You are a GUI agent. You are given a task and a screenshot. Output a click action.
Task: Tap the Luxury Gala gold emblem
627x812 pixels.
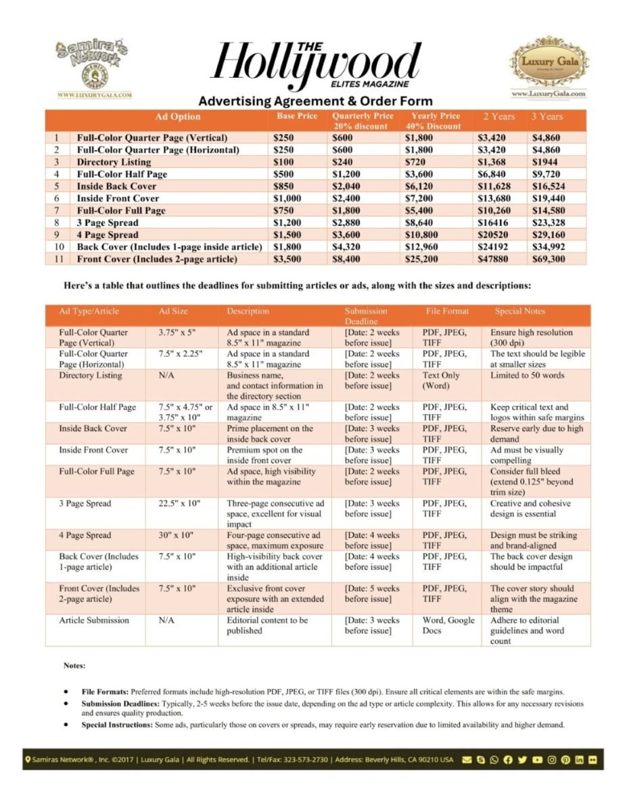coord(549,64)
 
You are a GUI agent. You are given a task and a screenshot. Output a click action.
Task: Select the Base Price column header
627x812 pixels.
coord(297,116)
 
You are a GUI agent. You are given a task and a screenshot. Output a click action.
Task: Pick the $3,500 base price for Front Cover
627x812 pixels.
coord(289,259)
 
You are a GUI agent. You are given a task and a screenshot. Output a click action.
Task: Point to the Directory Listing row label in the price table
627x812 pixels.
coord(114,162)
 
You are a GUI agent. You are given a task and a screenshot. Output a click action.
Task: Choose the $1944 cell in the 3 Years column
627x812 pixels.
coord(545,162)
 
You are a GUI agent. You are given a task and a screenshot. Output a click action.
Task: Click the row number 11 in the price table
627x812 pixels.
coord(58,259)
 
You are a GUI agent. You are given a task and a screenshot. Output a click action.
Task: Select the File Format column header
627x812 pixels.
coord(447,311)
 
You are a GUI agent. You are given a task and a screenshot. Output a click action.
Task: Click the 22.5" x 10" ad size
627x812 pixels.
coord(178,504)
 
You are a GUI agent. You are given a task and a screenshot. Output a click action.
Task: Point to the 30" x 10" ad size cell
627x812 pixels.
coord(177,536)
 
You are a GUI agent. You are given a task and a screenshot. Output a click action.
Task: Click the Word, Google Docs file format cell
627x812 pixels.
coord(448,626)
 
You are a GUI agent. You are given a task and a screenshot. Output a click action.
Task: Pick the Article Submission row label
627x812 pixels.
coord(94,621)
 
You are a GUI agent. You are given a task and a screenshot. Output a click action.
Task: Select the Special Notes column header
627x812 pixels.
coord(519,311)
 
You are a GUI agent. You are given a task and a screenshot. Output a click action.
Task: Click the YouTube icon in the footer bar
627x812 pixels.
coord(537,760)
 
